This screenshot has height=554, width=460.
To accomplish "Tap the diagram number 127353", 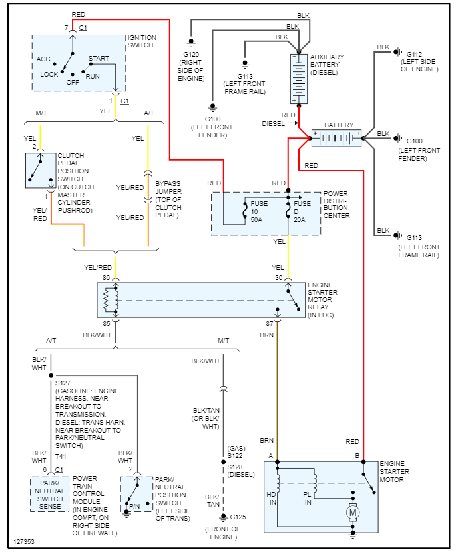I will tap(25, 541).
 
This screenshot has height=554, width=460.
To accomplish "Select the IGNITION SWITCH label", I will tap(142, 41).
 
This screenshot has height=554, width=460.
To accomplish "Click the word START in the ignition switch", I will tap(99, 59).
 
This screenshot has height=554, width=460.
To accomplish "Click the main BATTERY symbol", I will tap(337, 139).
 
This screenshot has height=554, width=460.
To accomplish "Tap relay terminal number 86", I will tap(106, 277).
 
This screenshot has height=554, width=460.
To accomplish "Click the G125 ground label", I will tap(238, 517).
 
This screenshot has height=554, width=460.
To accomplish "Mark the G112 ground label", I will tap(414, 53).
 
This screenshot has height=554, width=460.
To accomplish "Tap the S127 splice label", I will tap(63, 383).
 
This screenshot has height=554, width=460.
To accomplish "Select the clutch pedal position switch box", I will tap(41, 171).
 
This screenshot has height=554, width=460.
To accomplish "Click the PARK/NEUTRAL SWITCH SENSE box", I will tap(49, 494).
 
